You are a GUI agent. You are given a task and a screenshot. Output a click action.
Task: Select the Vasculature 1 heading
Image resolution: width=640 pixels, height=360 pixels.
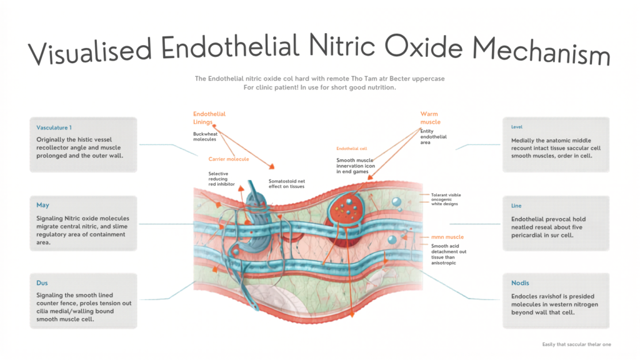click(x=54, y=127)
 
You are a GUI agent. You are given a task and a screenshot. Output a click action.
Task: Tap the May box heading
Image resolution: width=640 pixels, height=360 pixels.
click(x=42, y=205)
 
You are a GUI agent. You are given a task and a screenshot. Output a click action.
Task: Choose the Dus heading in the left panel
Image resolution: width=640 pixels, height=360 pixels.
click(x=42, y=282)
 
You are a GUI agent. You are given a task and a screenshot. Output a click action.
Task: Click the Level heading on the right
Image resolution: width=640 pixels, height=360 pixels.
click(x=517, y=127)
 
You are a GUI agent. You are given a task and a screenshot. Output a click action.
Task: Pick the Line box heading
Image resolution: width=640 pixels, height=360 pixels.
click(x=516, y=206)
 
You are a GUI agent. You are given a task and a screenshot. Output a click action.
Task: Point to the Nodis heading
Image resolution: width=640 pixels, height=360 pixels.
click(x=521, y=283)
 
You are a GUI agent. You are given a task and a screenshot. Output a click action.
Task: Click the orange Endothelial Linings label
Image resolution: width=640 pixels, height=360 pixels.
click(x=209, y=118)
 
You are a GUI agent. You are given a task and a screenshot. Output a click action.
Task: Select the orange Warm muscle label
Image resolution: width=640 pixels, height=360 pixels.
click(x=430, y=118)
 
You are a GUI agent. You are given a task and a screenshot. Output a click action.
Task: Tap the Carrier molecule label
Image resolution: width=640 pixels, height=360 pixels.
click(x=229, y=159)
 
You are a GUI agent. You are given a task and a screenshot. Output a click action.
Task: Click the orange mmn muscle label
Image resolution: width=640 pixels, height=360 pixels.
click(x=447, y=237)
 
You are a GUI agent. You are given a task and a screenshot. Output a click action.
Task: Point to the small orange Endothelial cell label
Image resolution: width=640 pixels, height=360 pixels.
click(x=351, y=149)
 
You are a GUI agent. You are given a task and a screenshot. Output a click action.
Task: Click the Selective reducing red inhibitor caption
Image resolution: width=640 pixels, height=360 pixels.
click(x=222, y=179)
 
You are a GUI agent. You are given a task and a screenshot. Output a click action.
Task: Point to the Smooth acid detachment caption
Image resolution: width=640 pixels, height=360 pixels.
click(x=449, y=254)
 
